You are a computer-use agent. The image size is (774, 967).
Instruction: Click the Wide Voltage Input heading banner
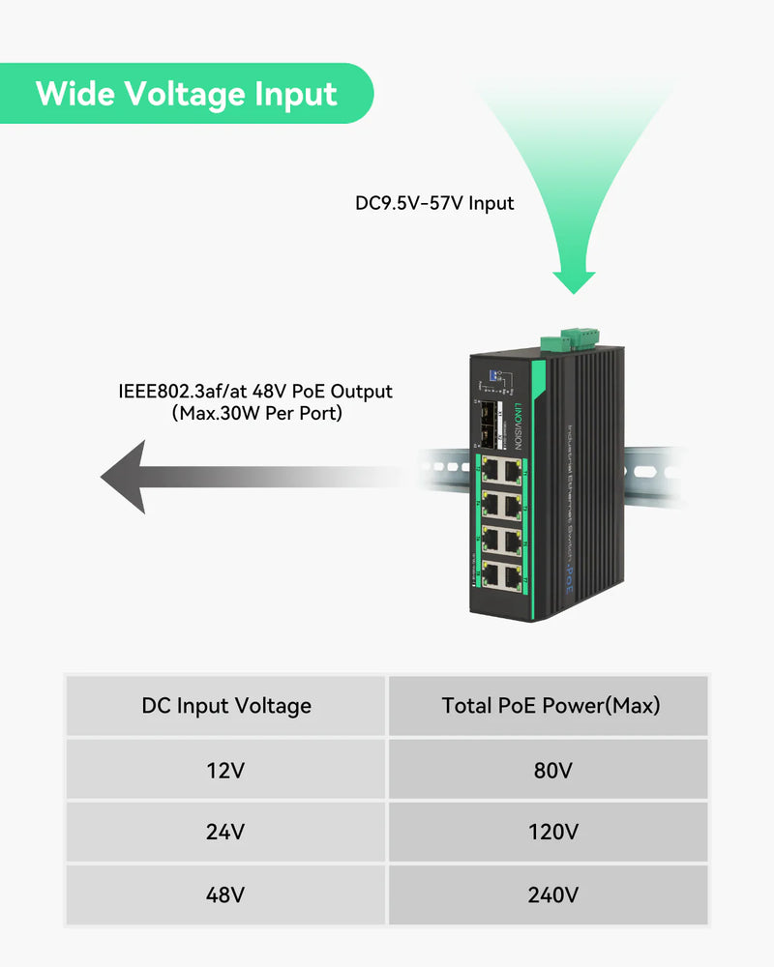pyautogui.click(x=186, y=94)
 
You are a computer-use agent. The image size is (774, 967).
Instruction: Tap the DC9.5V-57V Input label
pyautogui.click(x=434, y=204)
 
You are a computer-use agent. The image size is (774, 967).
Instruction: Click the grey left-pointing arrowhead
pyautogui.click(x=126, y=476)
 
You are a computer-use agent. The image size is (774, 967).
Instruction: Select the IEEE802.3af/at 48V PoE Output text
pyautogui.click(x=255, y=392)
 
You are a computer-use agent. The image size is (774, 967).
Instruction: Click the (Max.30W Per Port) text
pyautogui.click(x=256, y=414)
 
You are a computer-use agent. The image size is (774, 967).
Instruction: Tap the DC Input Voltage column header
pyautogui.click(x=226, y=706)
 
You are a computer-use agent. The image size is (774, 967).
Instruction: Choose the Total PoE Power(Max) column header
pyautogui.click(x=551, y=706)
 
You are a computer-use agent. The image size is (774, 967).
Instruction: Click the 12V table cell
pyautogui.click(x=226, y=771)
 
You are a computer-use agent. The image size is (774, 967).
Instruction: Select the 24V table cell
pyautogui.click(x=226, y=833)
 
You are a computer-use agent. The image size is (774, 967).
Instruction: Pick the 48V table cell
pyautogui.click(x=226, y=894)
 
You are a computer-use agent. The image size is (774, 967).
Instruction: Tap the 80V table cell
pyautogui.click(x=551, y=771)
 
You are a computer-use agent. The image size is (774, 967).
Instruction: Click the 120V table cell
pyautogui.click(x=551, y=833)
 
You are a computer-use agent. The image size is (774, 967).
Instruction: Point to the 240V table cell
pyautogui.click(x=551, y=894)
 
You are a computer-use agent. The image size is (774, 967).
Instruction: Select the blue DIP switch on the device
pyautogui.click(x=489, y=371)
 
